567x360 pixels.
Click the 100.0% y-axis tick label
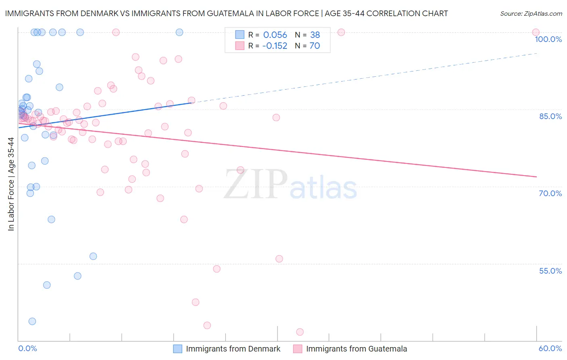click(548, 39)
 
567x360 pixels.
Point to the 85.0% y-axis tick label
click(550, 116)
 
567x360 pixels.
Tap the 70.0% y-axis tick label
click(550, 193)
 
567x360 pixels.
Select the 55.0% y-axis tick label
click(550, 271)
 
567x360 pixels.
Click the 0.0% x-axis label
click(27, 348)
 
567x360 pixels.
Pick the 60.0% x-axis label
click(550, 348)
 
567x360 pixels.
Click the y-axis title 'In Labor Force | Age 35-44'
click(11, 184)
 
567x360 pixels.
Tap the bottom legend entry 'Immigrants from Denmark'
click(233, 349)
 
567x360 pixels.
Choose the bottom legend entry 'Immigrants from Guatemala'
click(356, 349)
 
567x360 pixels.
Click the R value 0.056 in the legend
click(275, 35)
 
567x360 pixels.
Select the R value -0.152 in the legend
click(275, 46)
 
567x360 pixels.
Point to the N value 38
click(315, 35)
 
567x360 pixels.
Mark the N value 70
click(315, 46)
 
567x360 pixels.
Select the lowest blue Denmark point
click(32, 321)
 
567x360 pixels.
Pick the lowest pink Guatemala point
click(300, 332)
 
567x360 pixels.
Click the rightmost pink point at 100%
click(536, 32)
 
